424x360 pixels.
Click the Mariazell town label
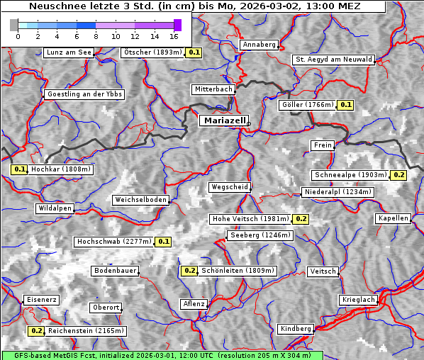(x=223, y=120)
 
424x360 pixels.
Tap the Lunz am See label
(x=68, y=52)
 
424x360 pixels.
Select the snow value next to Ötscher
(x=194, y=52)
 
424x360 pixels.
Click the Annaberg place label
(x=259, y=45)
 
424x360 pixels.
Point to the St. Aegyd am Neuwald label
(x=333, y=60)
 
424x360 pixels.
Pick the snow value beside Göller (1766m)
(x=346, y=105)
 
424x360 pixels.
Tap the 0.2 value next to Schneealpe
(x=399, y=175)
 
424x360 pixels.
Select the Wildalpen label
(x=55, y=208)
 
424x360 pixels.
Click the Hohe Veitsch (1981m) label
(x=250, y=219)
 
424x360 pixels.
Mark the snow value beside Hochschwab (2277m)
(x=164, y=242)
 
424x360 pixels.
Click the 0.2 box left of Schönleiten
(x=189, y=271)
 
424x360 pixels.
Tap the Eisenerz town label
(x=41, y=300)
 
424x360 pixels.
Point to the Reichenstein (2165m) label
(x=87, y=331)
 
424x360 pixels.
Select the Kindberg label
(x=296, y=329)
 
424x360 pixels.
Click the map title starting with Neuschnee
(x=194, y=6)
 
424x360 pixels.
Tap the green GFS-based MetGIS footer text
(x=162, y=355)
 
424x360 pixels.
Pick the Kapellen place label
(x=394, y=218)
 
